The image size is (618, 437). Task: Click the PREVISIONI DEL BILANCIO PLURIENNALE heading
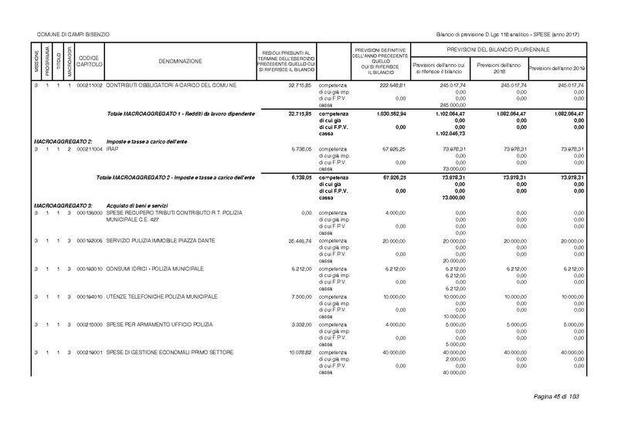496,49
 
